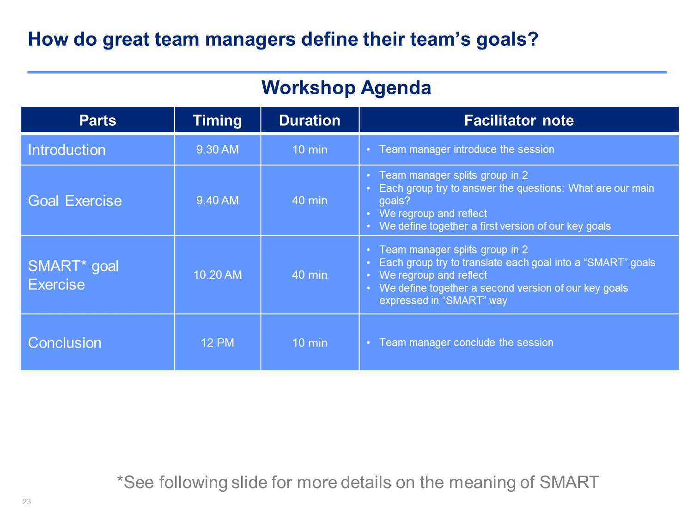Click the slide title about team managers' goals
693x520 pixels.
[x=283, y=40]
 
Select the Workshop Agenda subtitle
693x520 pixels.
[x=346, y=88]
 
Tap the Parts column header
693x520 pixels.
[x=97, y=120]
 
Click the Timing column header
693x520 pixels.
[x=217, y=121]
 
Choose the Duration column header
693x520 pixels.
[x=310, y=120]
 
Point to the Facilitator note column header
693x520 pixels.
[x=519, y=120]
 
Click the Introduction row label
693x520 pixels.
[x=67, y=150]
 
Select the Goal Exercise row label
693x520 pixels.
[x=75, y=201]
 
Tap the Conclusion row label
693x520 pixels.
[x=65, y=343]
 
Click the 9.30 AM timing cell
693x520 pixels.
[x=217, y=149]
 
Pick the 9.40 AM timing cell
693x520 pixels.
[x=217, y=200]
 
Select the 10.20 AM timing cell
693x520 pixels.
[x=217, y=275]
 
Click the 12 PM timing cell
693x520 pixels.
[x=217, y=343]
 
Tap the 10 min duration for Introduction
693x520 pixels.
[x=310, y=149]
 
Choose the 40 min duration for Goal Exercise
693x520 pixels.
[x=310, y=200]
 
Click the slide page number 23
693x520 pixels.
[x=26, y=502]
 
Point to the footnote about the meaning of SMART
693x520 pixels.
[x=358, y=482]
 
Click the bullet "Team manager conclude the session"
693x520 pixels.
[x=466, y=343]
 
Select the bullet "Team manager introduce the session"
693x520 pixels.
[x=467, y=149]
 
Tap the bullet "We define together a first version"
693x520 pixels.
[x=495, y=226]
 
